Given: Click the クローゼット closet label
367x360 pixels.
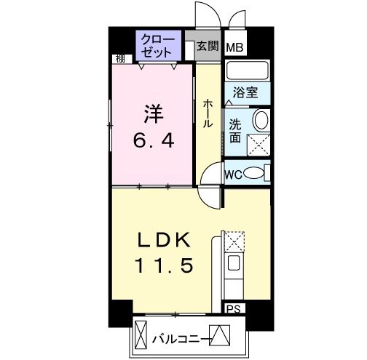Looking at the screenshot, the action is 158,46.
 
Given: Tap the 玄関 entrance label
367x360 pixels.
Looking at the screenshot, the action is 208,46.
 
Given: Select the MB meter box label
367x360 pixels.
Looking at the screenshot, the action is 234,47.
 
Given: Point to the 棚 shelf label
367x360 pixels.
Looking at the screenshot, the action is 120,59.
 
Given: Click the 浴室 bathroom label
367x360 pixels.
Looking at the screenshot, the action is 245,92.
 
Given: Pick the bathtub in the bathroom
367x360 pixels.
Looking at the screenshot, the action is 248,71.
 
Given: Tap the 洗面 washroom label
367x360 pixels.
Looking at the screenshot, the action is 235,131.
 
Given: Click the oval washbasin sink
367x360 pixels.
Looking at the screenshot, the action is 261,120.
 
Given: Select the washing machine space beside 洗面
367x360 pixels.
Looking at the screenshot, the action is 259,145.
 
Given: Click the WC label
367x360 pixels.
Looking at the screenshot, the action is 233,175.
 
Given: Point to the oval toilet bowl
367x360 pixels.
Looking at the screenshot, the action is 253,173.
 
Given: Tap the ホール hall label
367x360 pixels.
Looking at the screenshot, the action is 208,113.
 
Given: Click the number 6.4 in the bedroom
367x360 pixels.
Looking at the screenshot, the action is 154,141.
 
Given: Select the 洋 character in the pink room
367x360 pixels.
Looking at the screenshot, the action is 154,113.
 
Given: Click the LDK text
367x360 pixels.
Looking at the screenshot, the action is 164,240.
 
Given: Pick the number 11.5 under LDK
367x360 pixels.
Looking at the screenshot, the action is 164,265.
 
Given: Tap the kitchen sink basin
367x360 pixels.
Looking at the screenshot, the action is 233,263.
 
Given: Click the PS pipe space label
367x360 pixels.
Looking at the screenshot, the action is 233,309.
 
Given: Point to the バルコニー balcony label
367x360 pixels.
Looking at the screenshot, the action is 180,340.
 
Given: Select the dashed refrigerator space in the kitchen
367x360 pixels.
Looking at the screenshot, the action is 234,241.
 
